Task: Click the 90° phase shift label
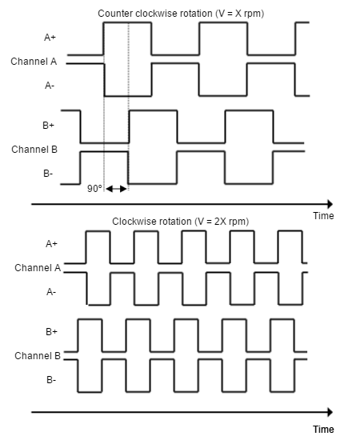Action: (94, 189)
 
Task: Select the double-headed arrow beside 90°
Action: (116, 189)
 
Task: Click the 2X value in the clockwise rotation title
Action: (220, 222)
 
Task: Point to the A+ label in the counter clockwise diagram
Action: (50, 38)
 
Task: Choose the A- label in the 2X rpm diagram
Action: (51, 292)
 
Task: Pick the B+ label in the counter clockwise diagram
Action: (48, 125)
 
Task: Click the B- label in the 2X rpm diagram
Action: (51, 380)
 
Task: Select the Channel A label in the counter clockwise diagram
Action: (34, 62)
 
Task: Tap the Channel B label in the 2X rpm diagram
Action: (38, 356)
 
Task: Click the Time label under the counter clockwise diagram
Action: (323, 216)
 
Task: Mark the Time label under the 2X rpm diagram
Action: (323, 429)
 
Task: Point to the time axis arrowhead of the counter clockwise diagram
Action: (330, 204)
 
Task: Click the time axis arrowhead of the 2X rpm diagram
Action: (330, 412)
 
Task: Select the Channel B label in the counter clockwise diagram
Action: (34, 150)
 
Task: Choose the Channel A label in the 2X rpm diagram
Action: (38, 268)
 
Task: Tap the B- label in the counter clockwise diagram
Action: (48, 174)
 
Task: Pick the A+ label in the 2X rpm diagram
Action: (52, 244)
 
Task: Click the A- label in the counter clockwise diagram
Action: (50, 86)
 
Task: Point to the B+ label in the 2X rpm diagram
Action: (52, 331)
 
